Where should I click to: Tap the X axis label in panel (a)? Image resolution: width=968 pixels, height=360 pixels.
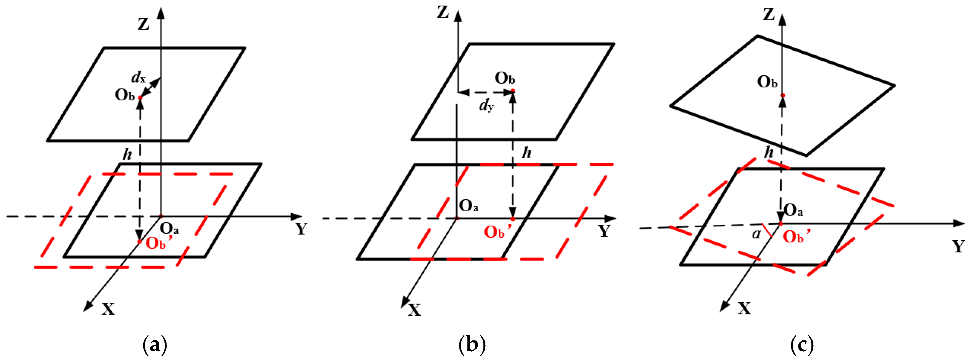coord(108,309)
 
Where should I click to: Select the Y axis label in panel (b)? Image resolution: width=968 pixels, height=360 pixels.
coord(604,231)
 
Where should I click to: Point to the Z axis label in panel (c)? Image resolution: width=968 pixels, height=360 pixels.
coord(769,15)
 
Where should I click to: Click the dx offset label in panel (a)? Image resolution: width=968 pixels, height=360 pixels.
coord(138,78)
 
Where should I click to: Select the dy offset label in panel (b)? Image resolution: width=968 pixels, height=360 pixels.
coord(486,106)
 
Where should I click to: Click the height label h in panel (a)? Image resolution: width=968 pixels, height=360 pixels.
coord(127,154)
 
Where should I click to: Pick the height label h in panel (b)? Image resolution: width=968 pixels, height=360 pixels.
coord(527,153)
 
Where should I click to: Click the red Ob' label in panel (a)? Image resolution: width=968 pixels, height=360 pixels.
coord(158,242)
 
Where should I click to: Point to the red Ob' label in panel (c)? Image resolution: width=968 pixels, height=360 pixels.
coord(796,236)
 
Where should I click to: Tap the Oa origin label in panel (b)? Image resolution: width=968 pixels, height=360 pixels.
coord(469,205)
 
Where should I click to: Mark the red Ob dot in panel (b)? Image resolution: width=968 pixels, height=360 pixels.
coord(513,91)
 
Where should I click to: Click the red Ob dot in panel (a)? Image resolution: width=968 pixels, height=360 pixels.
coord(140,98)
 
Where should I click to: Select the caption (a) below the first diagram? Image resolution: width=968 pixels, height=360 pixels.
coord(155,344)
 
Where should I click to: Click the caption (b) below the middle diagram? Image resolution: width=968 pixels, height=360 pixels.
coord(472,344)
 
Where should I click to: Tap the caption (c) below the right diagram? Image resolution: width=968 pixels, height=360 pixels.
coord(802,344)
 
